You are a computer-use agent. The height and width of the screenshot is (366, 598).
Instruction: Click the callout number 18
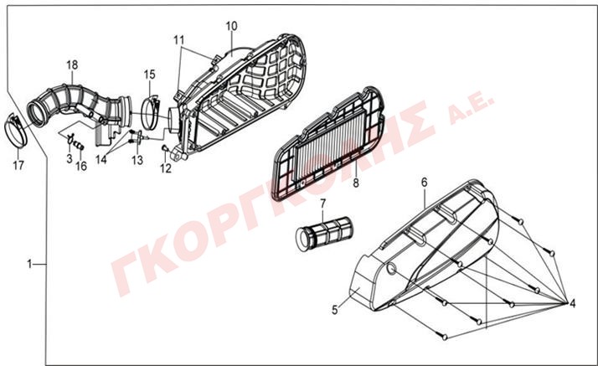[72, 64]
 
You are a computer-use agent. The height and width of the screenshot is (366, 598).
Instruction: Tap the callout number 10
[231, 26]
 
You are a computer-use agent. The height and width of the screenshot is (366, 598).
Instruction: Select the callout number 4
[572, 303]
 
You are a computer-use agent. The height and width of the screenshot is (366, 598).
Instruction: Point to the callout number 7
[323, 204]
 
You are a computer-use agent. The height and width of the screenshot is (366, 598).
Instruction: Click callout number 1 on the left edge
[29, 264]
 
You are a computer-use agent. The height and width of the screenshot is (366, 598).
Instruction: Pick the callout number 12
[166, 168]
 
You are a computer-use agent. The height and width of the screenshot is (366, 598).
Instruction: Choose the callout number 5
[334, 310]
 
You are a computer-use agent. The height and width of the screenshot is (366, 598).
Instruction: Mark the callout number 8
[356, 183]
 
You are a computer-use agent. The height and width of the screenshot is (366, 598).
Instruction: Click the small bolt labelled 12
[165, 147]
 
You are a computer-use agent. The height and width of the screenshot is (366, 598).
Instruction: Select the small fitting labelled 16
[80, 145]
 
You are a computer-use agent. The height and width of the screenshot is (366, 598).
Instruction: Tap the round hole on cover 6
[392, 268]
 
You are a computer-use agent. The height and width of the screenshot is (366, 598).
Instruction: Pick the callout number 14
[101, 159]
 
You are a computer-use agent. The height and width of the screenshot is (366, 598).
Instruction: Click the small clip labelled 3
[70, 139]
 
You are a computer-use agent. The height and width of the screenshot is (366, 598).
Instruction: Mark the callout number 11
[179, 39]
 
